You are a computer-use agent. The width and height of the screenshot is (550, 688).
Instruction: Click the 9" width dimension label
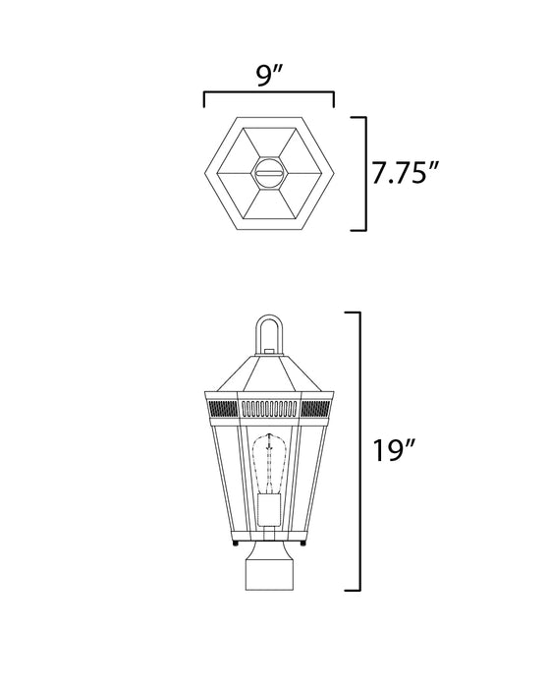(x=268, y=75)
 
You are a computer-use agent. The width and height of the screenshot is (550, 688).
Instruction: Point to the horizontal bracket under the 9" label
(x=268, y=95)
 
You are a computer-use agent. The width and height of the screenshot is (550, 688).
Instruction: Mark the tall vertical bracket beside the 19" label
(x=359, y=451)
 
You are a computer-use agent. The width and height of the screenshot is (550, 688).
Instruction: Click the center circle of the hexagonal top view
(x=268, y=173)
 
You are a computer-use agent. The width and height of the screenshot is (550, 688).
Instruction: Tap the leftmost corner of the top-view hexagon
(x=203, y=173)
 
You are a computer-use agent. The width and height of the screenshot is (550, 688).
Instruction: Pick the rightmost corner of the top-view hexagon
(x=334, y=173)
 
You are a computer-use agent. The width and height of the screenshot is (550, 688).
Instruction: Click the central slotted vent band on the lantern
(x=268, y=406)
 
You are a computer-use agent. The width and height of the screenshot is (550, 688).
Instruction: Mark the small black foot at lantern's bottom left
(x=235, y=544)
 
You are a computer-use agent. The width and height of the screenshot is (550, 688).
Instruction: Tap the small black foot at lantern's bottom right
(x=302, y=544)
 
